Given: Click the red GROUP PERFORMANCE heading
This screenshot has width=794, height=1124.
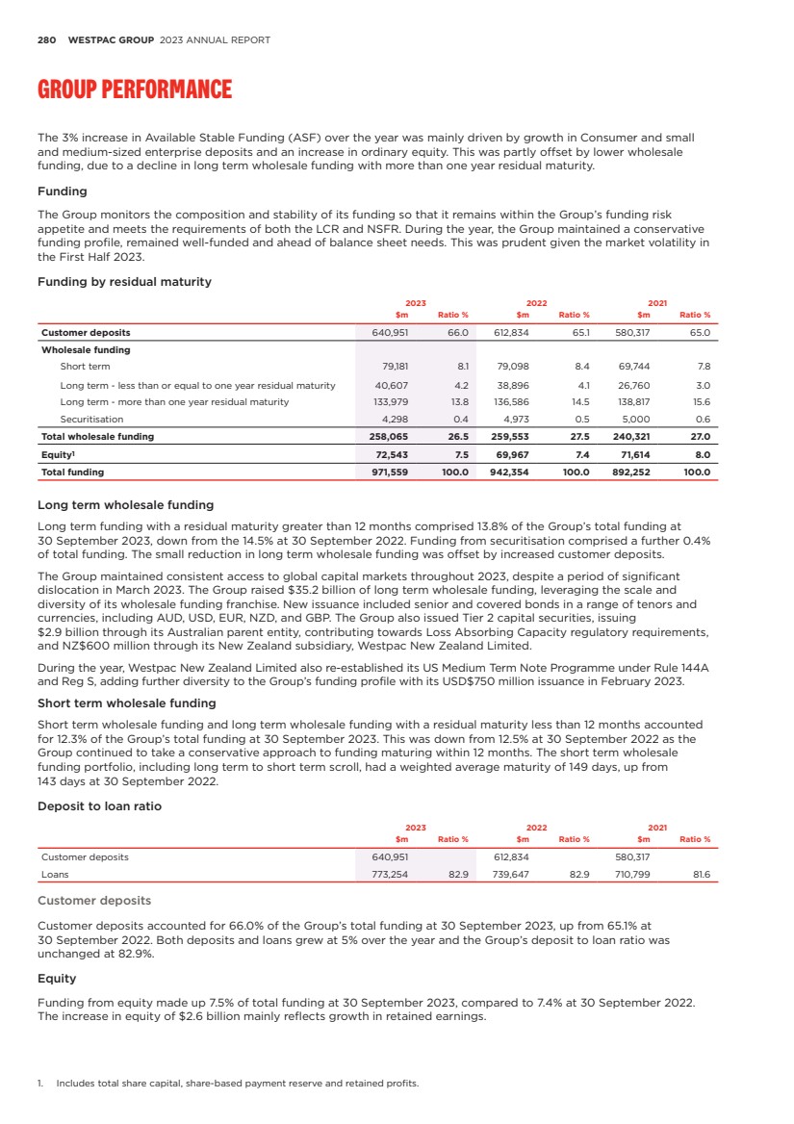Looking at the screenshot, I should point(134,90).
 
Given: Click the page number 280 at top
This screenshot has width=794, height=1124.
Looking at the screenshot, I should point(46,40).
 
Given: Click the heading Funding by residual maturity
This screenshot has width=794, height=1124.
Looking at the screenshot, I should point(124,282).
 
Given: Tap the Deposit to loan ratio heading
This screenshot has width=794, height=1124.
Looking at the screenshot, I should point(99,805).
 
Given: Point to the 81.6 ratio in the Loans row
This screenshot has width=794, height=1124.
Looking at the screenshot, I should point(701,875).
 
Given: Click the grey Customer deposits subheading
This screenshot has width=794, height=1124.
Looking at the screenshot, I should point(93,901).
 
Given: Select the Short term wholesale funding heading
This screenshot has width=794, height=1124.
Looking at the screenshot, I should point(126,702).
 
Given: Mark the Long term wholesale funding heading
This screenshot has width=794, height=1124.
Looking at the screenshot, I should point(125,504).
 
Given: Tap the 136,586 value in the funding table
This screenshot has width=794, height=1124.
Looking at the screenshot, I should point(511,401).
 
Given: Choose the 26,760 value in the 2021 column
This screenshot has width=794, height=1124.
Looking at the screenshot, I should point(633,384).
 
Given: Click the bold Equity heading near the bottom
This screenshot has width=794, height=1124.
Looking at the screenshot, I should point(56,978).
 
